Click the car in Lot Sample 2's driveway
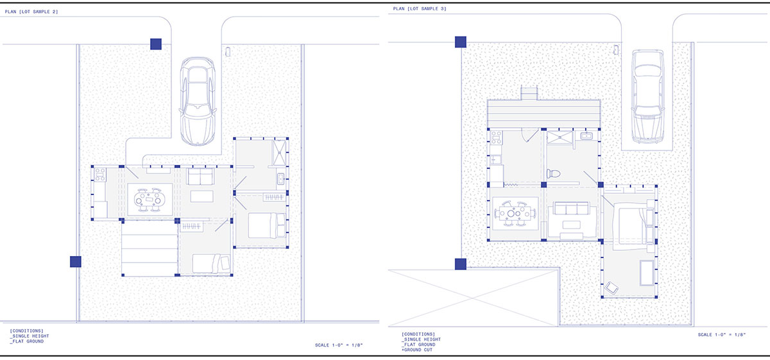(x=198, y=101)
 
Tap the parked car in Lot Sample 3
(x=647, y=96)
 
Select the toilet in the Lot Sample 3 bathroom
(x=553, y=173)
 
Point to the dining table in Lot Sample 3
(x=515, y=214)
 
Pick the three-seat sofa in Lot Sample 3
(x=572, y=209)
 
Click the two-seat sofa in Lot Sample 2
(x=200, y=176)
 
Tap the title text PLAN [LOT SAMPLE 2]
(x=31, y=12)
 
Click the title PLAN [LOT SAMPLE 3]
(x=420, y=8)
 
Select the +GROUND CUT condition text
(x=417, y=350)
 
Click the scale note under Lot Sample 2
(x=339, y=345)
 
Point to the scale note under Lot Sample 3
(x=722, y=334)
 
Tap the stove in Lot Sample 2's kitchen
(x=100, y=175)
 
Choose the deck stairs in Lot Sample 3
(x=529, y=93)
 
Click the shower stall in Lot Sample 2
(x=279, y=152)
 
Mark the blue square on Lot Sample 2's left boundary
(x=76, y=262)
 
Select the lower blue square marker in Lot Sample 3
(x=461, y=264)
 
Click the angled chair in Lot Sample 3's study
(x=612, y=288)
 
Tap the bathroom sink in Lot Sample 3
(x=586, y=136)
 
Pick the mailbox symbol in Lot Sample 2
(x=228, y=51)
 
